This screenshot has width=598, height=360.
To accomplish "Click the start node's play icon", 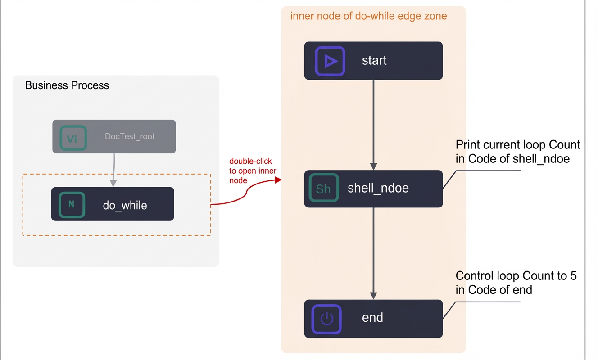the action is coord(330,61).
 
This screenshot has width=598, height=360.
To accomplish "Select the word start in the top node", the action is coord(374,61).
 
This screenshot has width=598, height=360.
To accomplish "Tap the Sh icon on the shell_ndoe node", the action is coord(324,188).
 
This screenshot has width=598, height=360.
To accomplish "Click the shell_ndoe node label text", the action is coord(378,188).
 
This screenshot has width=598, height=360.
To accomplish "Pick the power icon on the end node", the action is coord(326,319).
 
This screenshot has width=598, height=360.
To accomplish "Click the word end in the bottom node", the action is coord(372,318).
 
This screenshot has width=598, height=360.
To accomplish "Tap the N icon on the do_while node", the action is coord(72,205).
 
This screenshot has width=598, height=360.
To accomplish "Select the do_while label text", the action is coord(125,206).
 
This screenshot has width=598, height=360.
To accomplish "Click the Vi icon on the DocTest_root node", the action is coord(73,138).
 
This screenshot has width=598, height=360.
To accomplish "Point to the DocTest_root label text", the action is coord(130,136).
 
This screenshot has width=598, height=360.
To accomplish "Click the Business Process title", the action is coord(67,85).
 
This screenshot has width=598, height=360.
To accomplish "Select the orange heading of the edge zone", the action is coord(369,16).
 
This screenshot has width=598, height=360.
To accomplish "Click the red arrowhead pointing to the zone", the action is coord(278,180).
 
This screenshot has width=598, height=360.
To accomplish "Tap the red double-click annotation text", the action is coord(253,171).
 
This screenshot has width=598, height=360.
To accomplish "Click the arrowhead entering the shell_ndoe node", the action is coord(373,166).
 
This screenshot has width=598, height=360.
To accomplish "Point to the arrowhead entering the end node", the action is coord(373,296).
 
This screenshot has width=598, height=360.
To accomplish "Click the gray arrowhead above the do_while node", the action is coord(113,183).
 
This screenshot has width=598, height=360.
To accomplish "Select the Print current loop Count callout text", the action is coord(518,152).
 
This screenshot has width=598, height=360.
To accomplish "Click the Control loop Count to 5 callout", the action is coord(516,283).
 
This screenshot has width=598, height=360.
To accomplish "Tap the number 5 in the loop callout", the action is coord(573,276).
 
